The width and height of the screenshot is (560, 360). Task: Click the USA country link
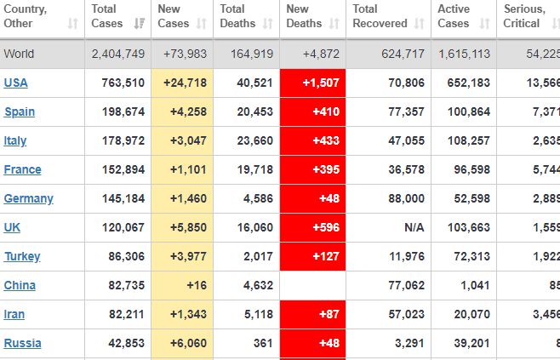pyautogui.click(x=15, y=83)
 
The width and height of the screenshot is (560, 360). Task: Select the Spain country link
pyautogui.click(x=19, y=111)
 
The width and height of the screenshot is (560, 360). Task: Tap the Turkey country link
pyautogui.click(x=21, y=256)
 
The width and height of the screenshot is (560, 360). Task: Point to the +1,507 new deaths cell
pyautogui.click(x=312, y=83)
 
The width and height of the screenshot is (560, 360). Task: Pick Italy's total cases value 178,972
pyautogui.click(x=122, y=140)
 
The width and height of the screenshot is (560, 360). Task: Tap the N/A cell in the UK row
pyautogui.click(x=414, y=227)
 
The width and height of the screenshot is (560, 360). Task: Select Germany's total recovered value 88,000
pyautogui.click(x=404, y=198)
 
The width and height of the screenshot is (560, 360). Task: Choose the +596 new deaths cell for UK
pyautogui.click(x=312, y=227)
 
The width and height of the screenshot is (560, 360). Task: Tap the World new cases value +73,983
pyautogui.click(x=183, y=54)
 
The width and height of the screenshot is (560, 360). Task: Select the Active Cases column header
pyautogui.click(x=454, y=16)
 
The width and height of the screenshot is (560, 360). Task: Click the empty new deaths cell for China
pyautogui.click(x=312, y=285)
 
